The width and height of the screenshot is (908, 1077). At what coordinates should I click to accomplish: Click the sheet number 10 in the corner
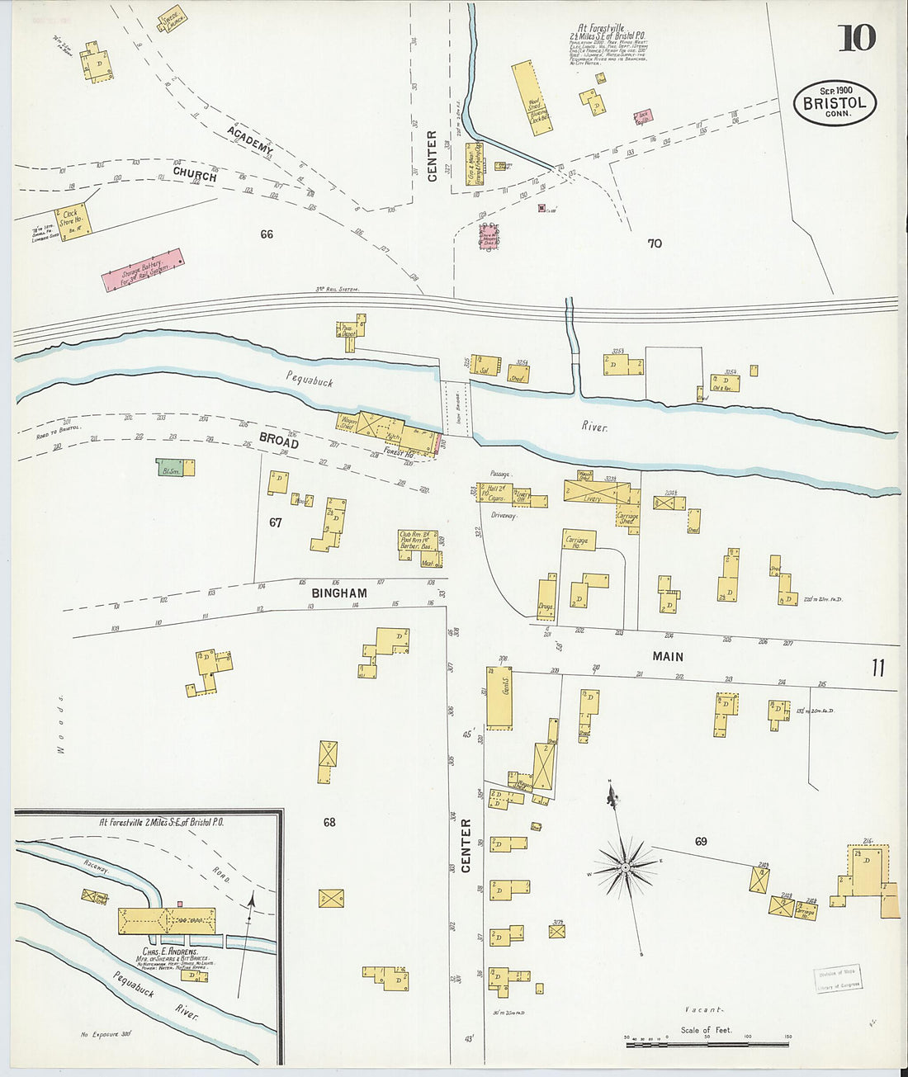tap(856, 38)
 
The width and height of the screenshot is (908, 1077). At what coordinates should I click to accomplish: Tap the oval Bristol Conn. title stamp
tap(835, 103)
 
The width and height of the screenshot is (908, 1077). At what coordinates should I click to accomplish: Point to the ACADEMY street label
tap(249, 141)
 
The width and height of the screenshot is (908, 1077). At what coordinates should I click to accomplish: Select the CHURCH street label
tap(195, 174)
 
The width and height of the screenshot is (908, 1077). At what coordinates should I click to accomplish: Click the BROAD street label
tap(278, 439)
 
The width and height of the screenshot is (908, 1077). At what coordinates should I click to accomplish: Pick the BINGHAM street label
tap(339, 593)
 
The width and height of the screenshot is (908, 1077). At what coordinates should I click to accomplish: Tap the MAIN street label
tap(668, 656)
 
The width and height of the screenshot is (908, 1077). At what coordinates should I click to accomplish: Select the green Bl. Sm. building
tap(170, 468)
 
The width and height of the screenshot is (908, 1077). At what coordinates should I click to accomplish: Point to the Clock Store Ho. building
tap(72, 219)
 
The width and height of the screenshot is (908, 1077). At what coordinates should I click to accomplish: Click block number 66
tap(266, 234)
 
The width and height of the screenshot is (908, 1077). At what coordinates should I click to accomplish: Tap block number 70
tap(655, 243)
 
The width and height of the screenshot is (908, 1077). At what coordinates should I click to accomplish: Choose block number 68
tap(329, 822)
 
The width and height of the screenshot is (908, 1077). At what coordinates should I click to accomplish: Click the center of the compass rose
tap(626, 867)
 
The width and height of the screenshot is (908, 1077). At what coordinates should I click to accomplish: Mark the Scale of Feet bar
tap(707, 1044)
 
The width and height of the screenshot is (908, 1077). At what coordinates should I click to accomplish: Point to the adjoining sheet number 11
tap(877, 668)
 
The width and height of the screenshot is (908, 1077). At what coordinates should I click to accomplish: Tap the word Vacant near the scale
tap(703, 1009)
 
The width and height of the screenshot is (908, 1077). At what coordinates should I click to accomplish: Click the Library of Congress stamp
tap(838, 979)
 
